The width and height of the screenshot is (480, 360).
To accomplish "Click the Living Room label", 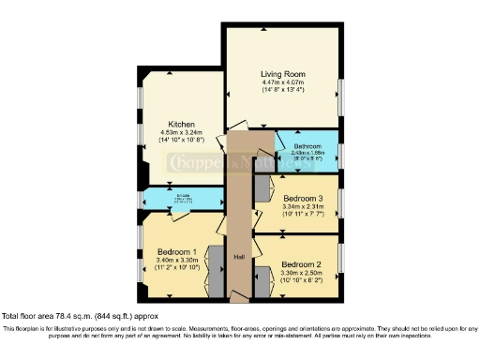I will pos(283,73).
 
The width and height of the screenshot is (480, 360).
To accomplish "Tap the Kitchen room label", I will pos(181,124).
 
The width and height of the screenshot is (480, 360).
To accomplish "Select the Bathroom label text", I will pos(307,146).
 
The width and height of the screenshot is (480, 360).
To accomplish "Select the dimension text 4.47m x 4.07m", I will pos(283,82).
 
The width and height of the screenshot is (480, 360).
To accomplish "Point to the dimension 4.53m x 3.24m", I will pos(181,133).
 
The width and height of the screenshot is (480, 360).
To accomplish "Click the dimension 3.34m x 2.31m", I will pos(306,206).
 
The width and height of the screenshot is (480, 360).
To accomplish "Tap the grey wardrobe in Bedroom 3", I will pos(262,192).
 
